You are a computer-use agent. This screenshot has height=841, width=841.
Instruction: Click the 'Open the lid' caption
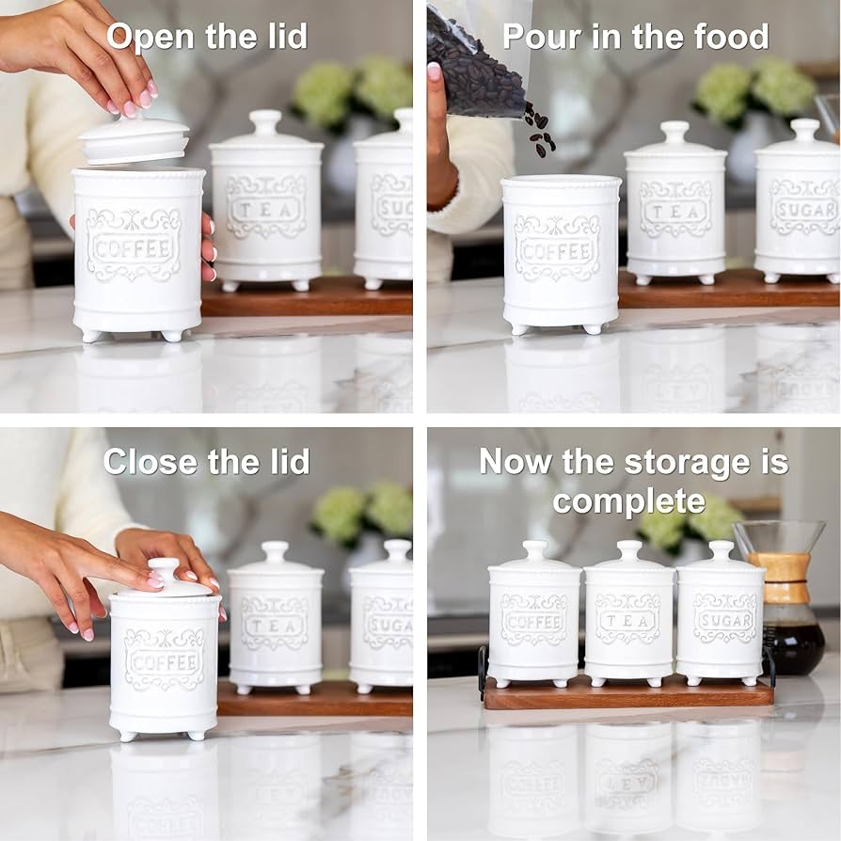pyautogui.click(x=206, y=37)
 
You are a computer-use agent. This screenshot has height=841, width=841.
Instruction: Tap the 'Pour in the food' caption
pyautogui.click(x=635, y=37)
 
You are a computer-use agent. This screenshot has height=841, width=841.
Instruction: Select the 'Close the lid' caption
pyautogui.click(x=206, y=461)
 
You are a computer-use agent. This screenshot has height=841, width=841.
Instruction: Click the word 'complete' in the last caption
pyautogui.click(x=628, y=500)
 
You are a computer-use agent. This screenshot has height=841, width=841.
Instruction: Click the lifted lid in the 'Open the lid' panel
pyautogui.click(x=134, y=141)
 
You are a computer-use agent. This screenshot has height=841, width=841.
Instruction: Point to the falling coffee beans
pyautogui.click(x=539, y=129)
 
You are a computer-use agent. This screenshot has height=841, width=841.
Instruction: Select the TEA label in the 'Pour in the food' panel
pyautogui.click(x=675, y=209)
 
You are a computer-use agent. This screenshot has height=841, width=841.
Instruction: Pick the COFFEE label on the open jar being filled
pyautogui.click(x=557, y=251)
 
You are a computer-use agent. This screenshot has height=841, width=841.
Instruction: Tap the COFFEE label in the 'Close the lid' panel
pyautogui.click(x=164, y=659)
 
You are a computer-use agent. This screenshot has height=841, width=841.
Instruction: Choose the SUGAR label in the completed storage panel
pyautogui.click(x=724, y=620)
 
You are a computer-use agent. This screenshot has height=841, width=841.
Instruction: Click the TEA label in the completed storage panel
pyautogui.click(x=627, y=621)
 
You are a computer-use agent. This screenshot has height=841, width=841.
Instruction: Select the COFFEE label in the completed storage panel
pyautogui.click(x=533, y=621)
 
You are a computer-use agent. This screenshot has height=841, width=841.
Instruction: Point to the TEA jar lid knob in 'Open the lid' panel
pyautogui.click(x=265, y=121)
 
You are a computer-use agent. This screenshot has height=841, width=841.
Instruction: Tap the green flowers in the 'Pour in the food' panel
pyautogui.click(x=755, y=89)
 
